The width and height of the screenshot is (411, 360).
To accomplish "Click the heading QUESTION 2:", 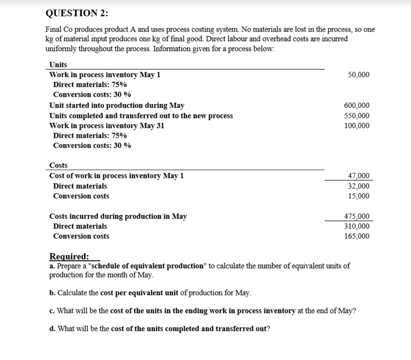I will pyautogui.click(x=77, y=13).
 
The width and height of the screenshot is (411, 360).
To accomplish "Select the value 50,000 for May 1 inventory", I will pyautogui.click(x=358, y=75).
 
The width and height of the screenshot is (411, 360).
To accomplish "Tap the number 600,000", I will pyautogui.click(x=357, y=106).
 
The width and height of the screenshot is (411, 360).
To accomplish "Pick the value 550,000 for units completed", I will pyautogui.click(x=357, y=116).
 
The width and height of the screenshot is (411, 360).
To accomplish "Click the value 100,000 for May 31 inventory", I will pyautogui.click(x=357, y=126).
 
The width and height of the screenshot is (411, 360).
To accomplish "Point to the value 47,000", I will pyautogui.click(x=358, y=176).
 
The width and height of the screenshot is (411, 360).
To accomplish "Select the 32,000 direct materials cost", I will pyautogui.click(x=358, y=186).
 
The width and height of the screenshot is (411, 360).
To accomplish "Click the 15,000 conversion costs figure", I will pyautogui.click(x=358, y=196).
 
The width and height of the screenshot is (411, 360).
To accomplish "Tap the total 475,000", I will pyautogui.click(x=357, y=216).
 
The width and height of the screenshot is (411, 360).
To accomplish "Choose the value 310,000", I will pyautogui.click(x=357, y=226).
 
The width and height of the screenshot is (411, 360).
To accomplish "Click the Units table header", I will pyautogui.click(x=58, y=65).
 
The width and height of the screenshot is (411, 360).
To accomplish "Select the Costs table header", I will pyautogui.click(x=59, y=165).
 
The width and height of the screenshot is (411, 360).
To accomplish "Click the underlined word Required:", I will pyautogui.click(x=69, y=256).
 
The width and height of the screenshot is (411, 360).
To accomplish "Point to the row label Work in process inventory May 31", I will pyautogui.click(x=107, y=126).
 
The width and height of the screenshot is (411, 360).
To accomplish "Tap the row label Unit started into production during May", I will pyautogui.click(x=117, y=106).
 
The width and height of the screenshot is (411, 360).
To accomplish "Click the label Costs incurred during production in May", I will pyautogui.click(x=118, y=216).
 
